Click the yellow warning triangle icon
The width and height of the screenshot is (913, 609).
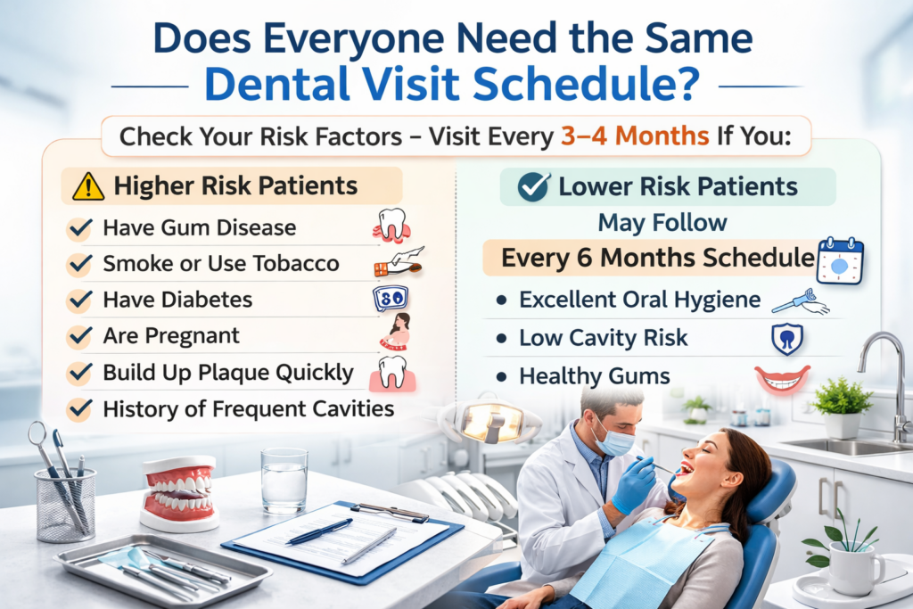[x=88, y=186]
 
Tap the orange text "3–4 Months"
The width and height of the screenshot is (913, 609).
[x=635, y=136]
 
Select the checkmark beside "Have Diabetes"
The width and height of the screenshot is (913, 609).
[x=79, y=300]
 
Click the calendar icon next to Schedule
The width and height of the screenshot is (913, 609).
[x=840, y=261]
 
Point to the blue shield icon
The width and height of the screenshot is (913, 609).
[x=787, y=339]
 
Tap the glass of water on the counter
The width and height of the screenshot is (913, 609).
[x=284, y=481]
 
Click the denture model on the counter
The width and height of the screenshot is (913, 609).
[x=179, y=492]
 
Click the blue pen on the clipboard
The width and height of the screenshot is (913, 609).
[x=320, y=531]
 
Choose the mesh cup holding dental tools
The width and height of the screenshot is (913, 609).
[x=65, y=504]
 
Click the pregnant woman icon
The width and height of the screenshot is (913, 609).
[x=396, y=332]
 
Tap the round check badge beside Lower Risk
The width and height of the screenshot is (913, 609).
[x=533, y=187]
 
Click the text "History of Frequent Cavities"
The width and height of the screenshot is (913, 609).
[x=249, y=408]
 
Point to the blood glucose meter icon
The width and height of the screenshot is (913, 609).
[x=391, y=298]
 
